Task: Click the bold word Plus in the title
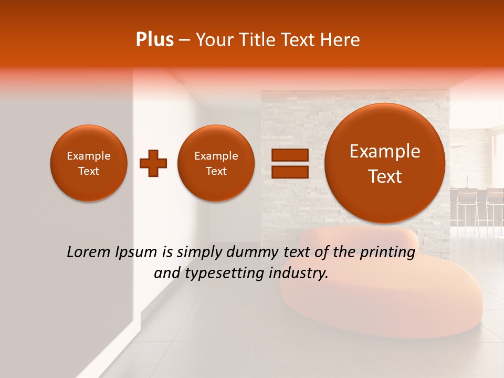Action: click(154, 40)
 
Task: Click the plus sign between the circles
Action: click(153, 163)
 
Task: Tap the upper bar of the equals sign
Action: click(290, 155)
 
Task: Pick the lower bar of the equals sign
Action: click(290, 172)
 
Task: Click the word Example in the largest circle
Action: click(385, 151)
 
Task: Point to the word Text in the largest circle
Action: click(385, 176)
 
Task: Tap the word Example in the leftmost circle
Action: click(89, 156)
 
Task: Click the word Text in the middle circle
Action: click(216, 171)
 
